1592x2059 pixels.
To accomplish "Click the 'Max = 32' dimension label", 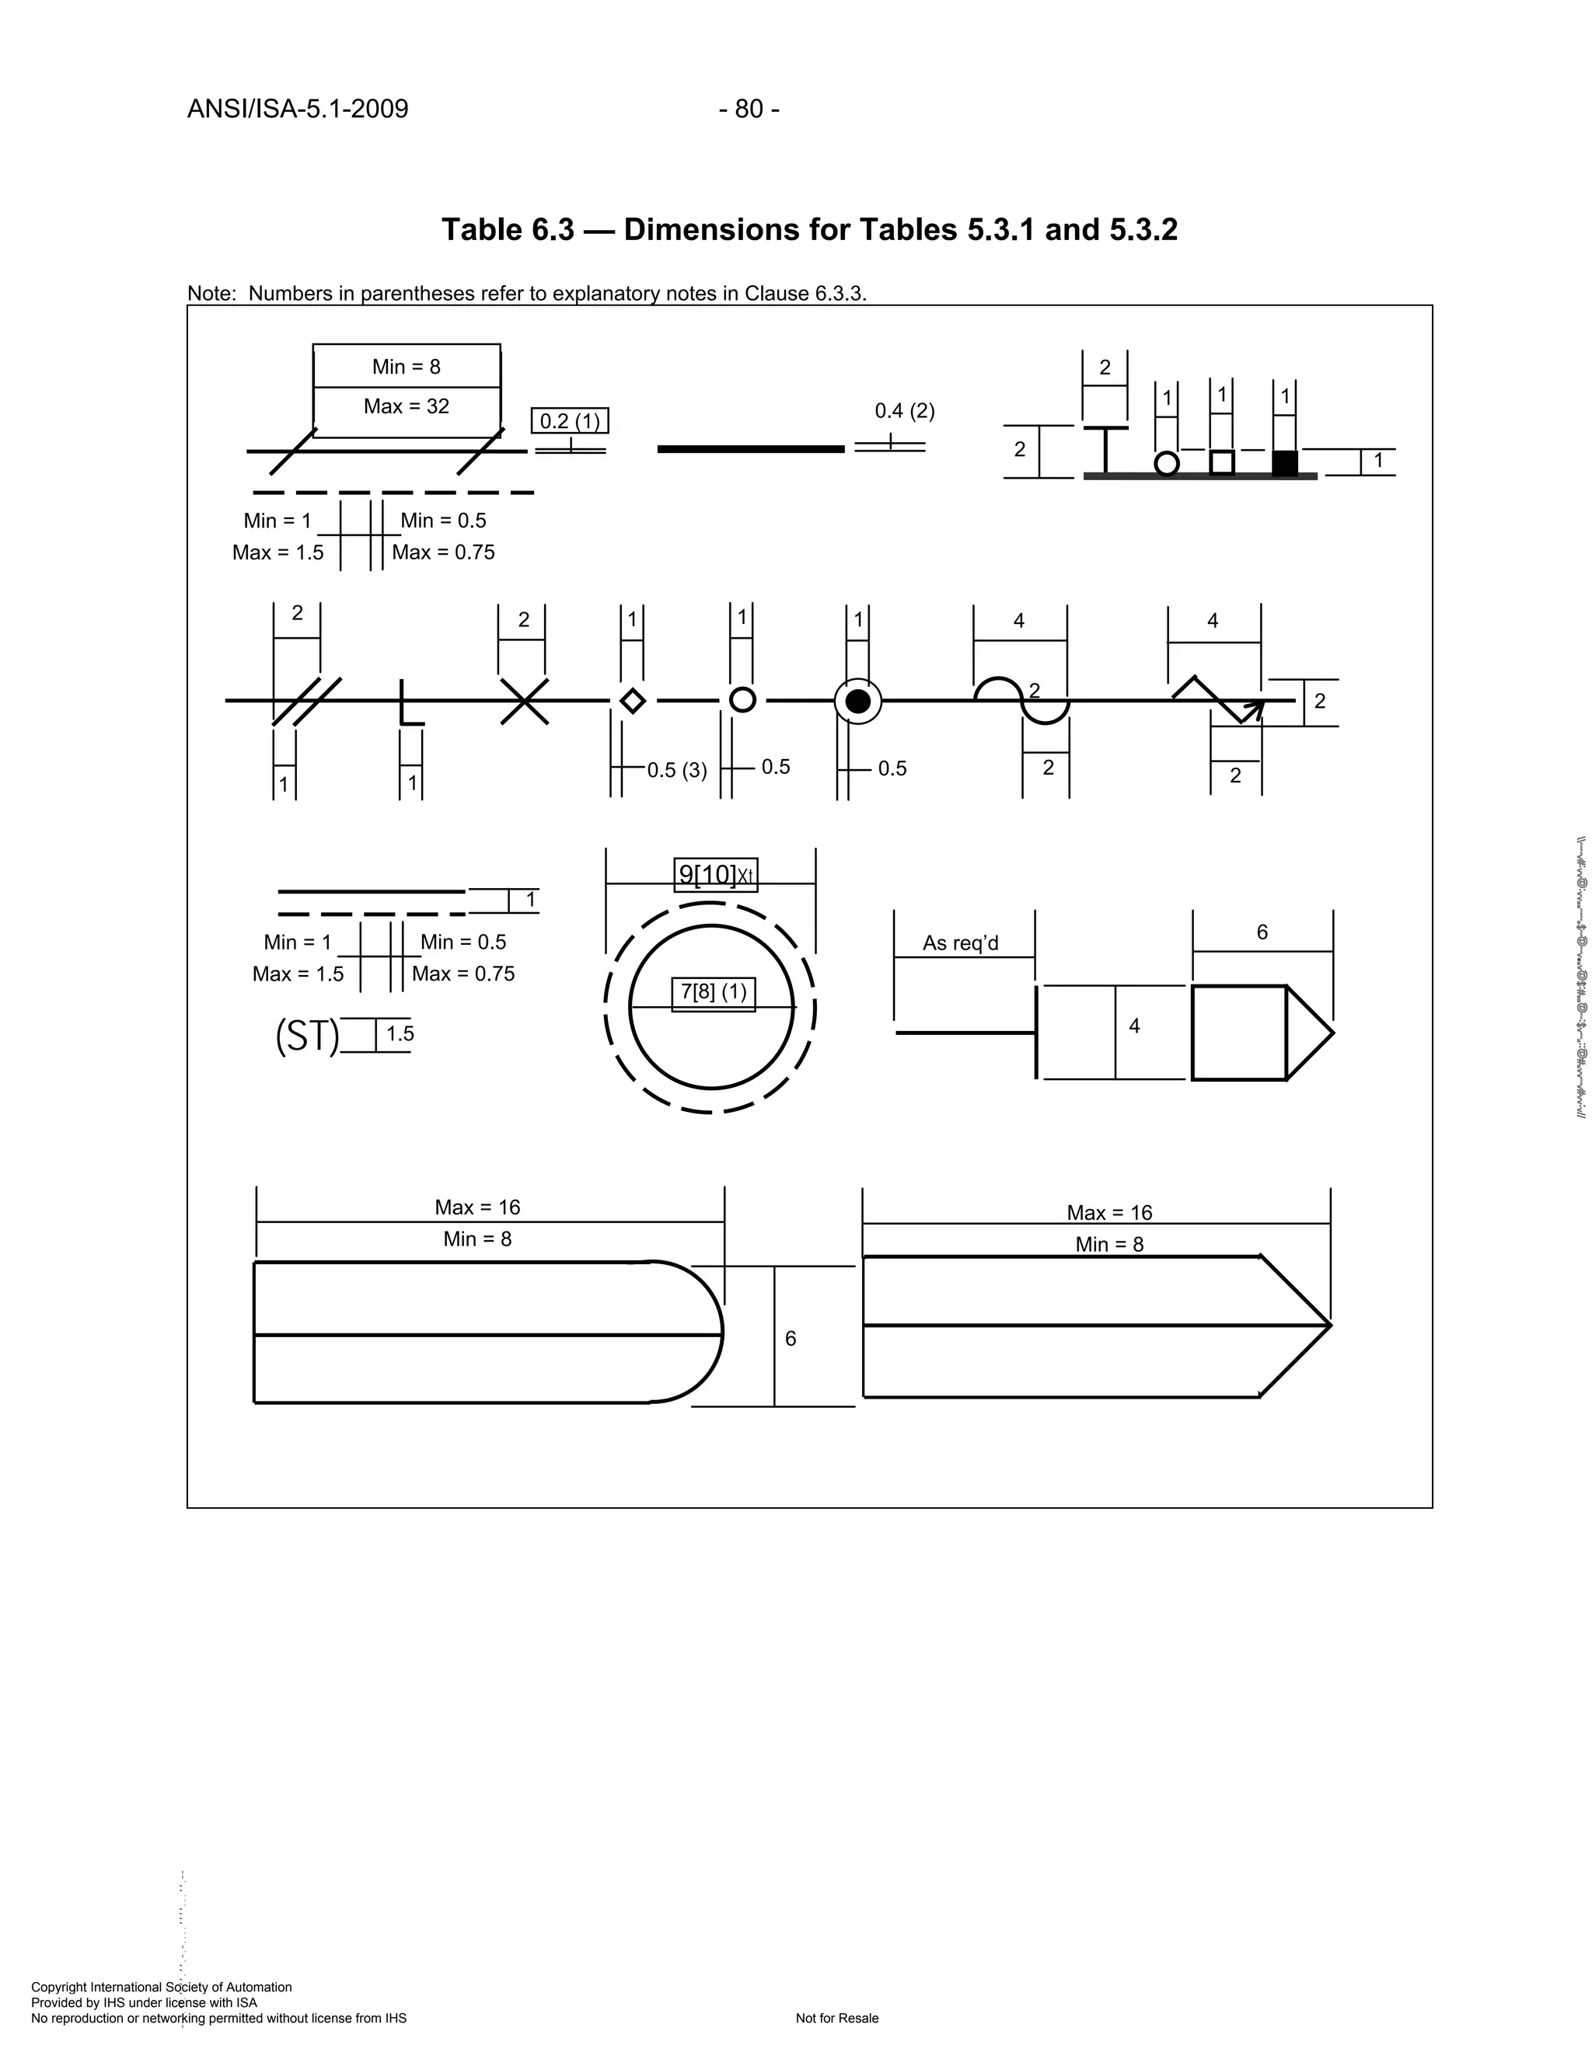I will [407, 406].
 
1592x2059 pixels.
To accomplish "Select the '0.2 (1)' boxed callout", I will [570, 420].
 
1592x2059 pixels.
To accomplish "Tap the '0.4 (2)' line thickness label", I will [905, 410].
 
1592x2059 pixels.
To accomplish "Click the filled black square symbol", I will [1284, 463].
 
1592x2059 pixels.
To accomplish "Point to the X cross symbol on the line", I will [525, 702].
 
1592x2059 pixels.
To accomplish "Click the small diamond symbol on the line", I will [633, 702].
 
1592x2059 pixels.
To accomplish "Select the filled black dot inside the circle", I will [857, 702].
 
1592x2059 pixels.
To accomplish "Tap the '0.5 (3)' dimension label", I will [676, 770].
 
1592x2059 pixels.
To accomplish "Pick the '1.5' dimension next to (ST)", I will [400, 1033].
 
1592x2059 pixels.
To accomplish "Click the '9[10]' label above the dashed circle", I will [707, 875].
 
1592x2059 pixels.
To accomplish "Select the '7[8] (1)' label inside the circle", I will [714, 991].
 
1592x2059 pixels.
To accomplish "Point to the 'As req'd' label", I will [960, 942].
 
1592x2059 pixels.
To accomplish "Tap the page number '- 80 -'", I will [749, 110].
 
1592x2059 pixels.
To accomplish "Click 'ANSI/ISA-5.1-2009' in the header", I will [298, 110].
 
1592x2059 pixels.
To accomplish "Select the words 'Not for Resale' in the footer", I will [836, 2019].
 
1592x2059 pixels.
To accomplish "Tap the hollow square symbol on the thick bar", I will [1222, 463].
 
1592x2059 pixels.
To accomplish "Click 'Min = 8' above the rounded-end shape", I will [477, 1239].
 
